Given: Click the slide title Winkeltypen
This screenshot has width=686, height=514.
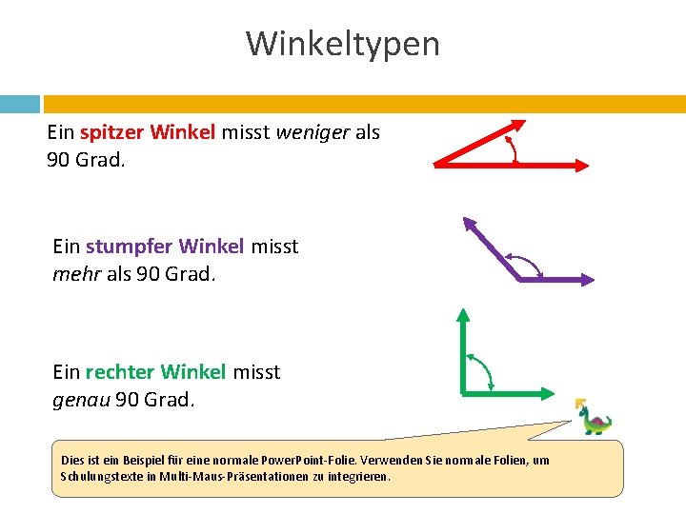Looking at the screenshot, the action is [343, 44].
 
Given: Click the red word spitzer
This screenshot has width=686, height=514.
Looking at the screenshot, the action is [112, 132].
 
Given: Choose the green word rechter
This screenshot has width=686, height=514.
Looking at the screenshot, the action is [120, 371].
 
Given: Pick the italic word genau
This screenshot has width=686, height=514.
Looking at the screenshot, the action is [80, 399].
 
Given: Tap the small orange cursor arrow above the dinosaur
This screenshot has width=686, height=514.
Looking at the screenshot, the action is [579, 404].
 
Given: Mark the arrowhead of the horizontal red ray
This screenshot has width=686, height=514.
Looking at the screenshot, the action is [583, 165].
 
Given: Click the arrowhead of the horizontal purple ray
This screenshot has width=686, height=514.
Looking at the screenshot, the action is [587, 280].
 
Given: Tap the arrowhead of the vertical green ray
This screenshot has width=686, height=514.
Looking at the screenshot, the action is [463, 314].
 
